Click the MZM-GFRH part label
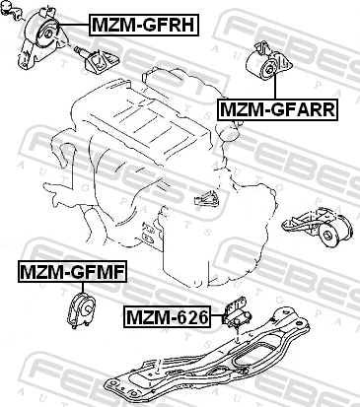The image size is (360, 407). point(144,25)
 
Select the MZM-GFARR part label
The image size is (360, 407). point(277,109)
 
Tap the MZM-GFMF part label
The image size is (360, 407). point(72,272)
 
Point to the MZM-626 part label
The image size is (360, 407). point(168,317)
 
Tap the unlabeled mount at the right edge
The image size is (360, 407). point(318,228)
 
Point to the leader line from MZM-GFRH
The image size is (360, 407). point(74,25)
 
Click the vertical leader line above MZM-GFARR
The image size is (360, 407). point(275,87)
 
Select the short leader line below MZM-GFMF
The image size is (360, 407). point(82,288)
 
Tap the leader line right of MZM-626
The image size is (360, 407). point(217,315)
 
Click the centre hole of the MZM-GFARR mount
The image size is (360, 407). point(270,69)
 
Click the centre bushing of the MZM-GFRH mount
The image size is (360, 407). point(47,34)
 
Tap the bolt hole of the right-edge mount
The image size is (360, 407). point(327,236)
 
